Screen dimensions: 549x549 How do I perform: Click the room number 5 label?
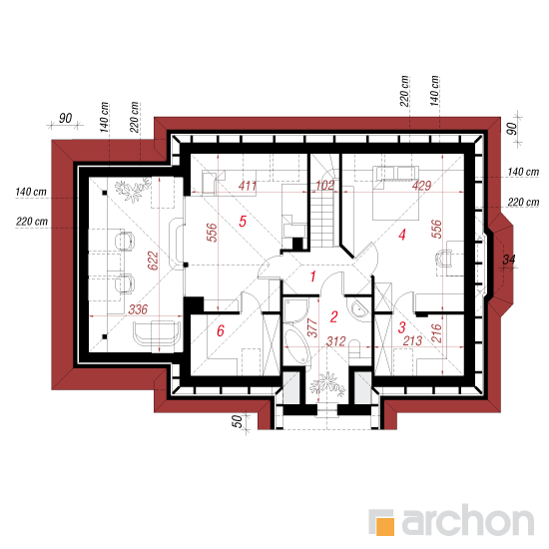[243, 222]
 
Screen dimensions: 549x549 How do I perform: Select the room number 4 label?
[402, 235]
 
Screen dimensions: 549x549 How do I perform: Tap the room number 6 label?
[221, 330]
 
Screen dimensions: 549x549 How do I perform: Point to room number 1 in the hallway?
[312, 276]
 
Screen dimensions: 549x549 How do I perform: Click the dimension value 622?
[153, 261]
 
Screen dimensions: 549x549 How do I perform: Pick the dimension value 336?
[138, 309]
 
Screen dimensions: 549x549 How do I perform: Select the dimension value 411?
[248, 186]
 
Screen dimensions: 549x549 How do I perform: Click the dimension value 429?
[421, 186]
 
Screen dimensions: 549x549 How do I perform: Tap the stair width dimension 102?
[325, 186]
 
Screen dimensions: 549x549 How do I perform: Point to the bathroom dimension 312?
[336, 341]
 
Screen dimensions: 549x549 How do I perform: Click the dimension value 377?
[312, 327]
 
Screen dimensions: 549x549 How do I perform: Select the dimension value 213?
[412, 340]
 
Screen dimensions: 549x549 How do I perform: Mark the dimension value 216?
[436, 333]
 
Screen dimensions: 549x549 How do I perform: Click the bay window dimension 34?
[509, 260]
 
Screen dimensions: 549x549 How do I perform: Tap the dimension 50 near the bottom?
[237, 421]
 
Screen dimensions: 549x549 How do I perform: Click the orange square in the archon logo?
[385, 526]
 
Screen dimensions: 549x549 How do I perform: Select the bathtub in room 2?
[296, 346]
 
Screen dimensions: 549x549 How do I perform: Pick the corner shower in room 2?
[295, 309]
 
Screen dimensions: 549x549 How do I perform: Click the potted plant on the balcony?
[327, 384]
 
